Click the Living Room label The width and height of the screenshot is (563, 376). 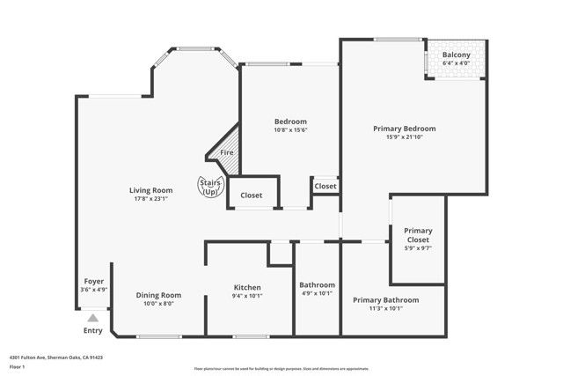150,190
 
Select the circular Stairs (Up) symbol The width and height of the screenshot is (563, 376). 209,187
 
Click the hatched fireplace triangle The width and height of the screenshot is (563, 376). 225,145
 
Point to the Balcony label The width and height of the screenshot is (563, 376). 457,55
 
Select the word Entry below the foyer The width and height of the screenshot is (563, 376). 92,331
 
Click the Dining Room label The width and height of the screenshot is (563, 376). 158,295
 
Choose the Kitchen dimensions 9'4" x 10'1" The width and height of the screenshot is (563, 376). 247,296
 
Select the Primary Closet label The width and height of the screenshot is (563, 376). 418,235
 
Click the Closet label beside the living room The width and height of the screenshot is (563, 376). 252,195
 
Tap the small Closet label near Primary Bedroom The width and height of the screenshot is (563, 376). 325,186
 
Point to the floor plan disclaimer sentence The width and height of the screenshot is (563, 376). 281,369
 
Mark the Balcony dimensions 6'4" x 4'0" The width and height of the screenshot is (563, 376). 457,63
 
